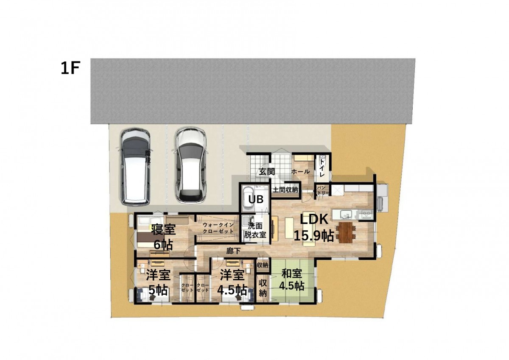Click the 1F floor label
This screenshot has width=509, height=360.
point(70,68)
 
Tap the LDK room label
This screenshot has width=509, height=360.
point(314,220)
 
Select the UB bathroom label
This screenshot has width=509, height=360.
point(256,199)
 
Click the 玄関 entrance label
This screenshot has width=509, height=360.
point(267,171)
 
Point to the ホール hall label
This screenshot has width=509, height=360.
point(300,172)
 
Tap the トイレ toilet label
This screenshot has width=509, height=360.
point(322,168)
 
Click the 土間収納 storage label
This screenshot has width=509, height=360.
point(285,190)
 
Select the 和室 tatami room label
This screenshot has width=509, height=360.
point(291,273)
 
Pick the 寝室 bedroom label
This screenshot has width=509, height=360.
point(163,229)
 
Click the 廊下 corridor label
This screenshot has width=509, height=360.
point(233,251)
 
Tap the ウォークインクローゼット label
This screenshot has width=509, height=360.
point(218,228)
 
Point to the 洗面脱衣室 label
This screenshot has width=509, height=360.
point(255,231)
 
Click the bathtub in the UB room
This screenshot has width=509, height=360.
point(248,199)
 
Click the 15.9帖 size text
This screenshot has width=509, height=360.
point(314,235)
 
